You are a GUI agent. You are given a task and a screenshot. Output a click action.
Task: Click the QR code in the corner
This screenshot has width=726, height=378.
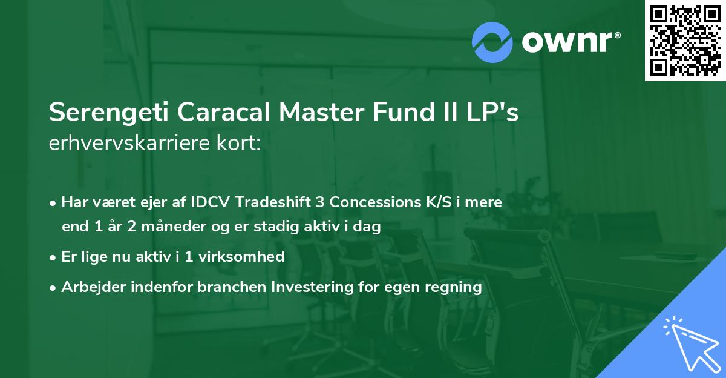click(685, 40)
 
